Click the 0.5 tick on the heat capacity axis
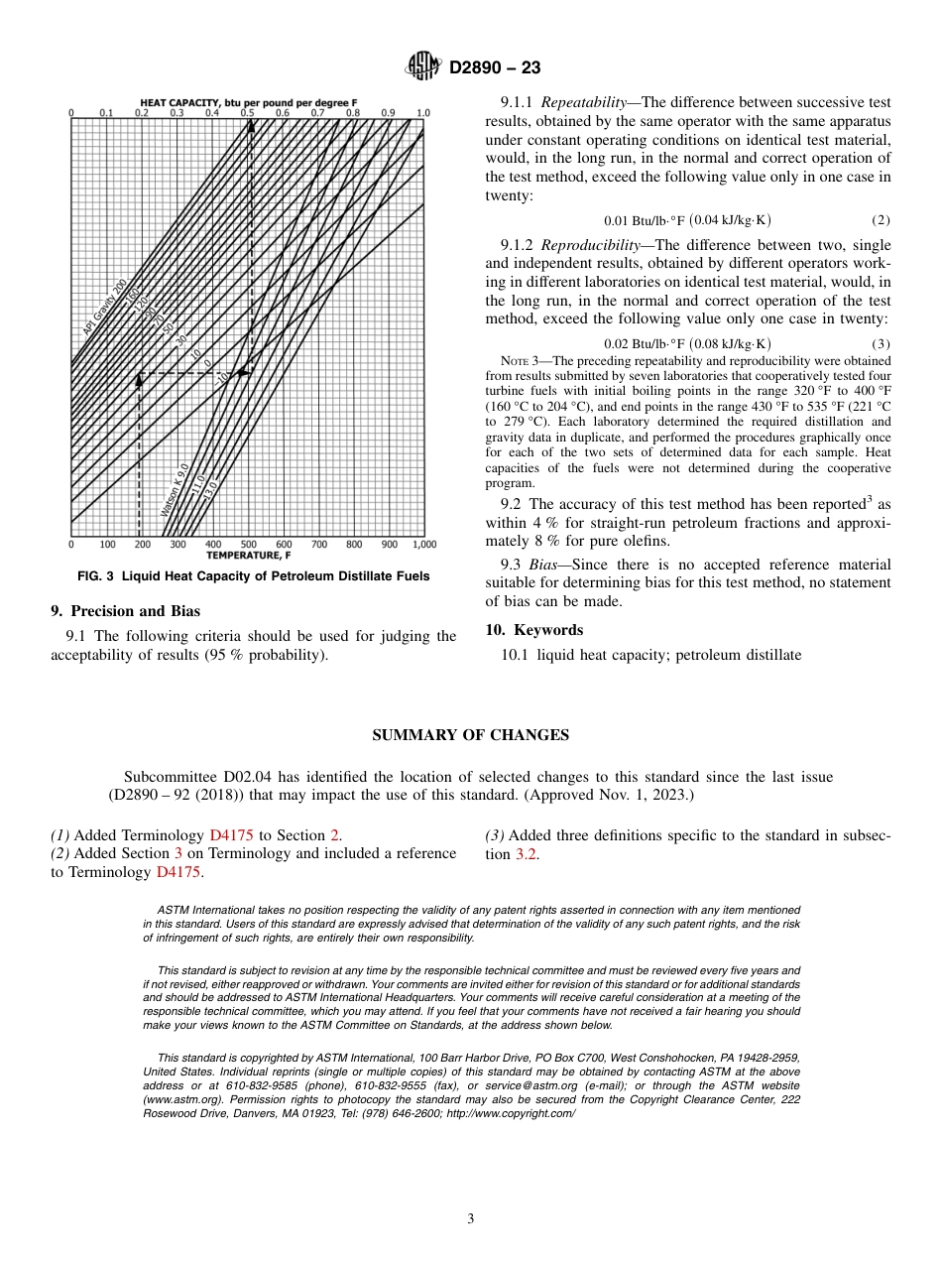[247, 113]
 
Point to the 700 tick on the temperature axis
[318, 544]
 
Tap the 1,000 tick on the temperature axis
[423, 544]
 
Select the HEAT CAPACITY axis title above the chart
[248, 102]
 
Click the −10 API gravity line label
[223, 376]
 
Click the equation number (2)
[881, 219]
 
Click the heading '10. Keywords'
[533, 630]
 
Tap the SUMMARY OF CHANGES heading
[470, 735]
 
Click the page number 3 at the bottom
[470, 1218]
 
